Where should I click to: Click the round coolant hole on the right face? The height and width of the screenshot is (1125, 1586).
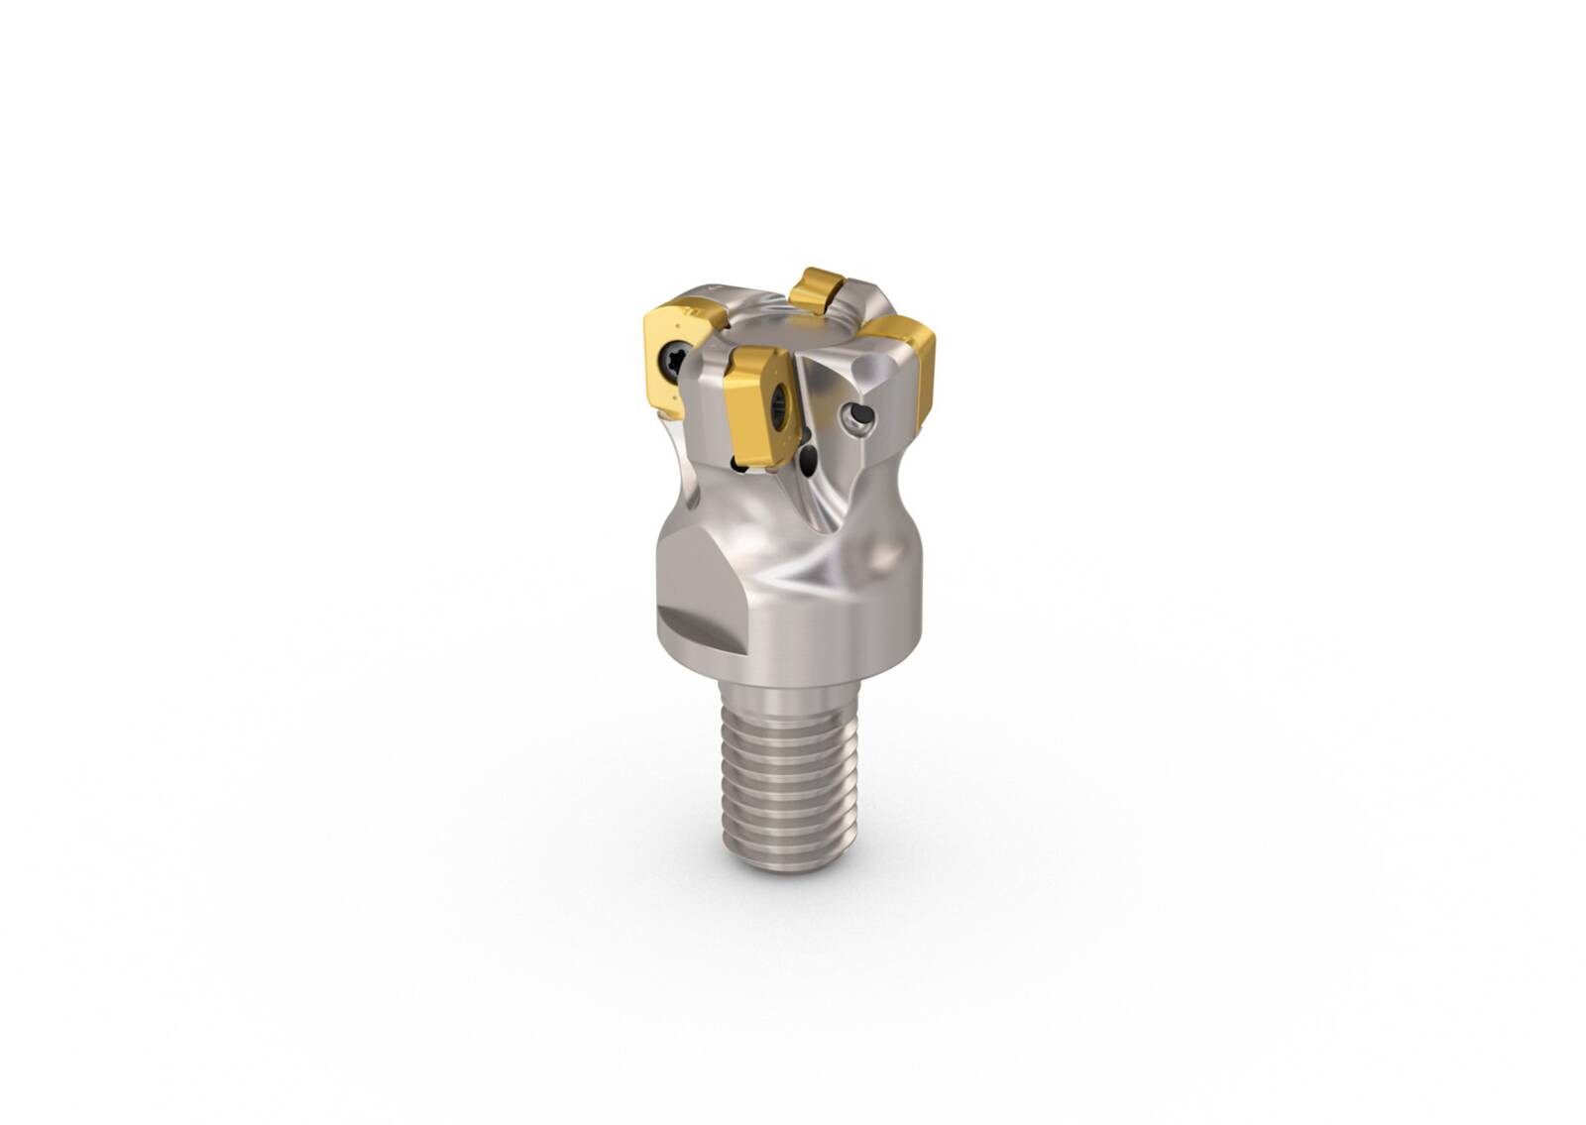857,420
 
